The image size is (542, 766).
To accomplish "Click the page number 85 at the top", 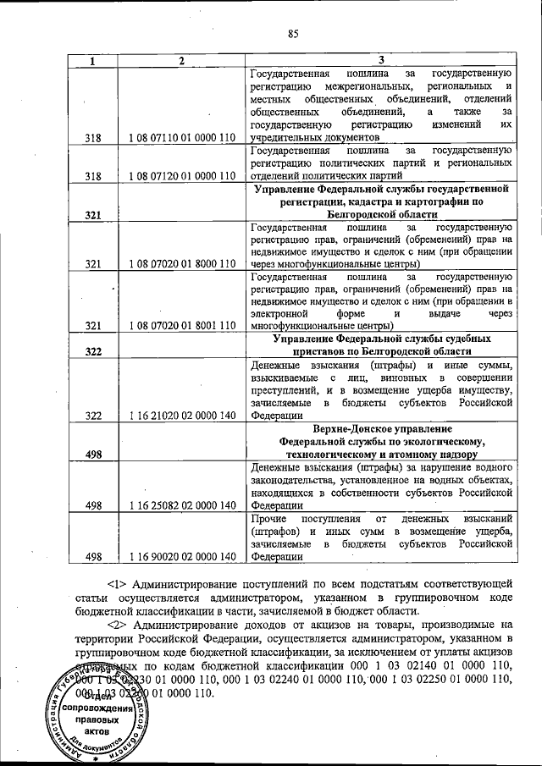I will tap(294, 35).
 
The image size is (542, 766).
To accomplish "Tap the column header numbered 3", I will tap(381, 60).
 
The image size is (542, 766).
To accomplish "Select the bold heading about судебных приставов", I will tap(381, 344).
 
